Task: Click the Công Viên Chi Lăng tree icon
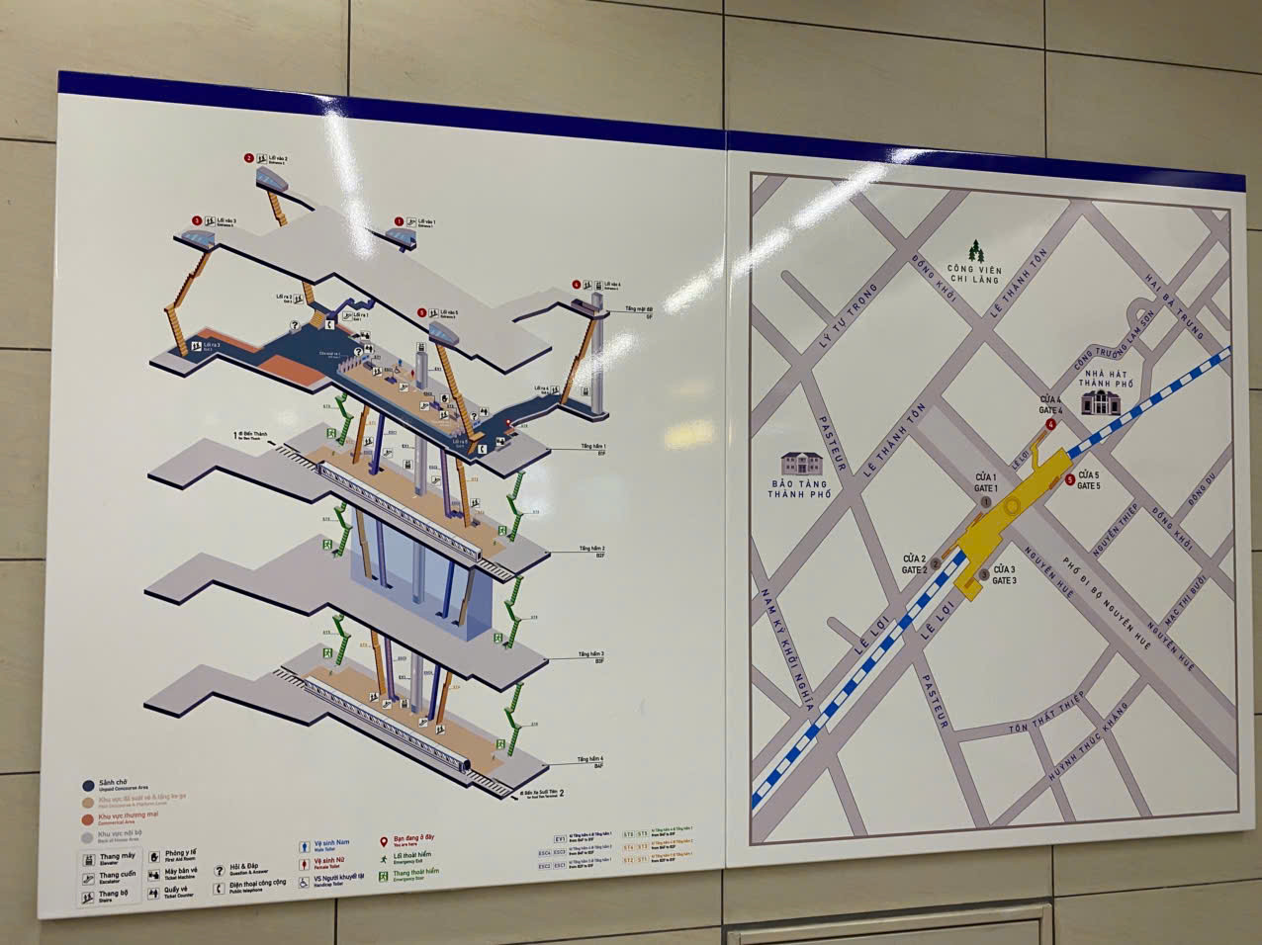point(977,249)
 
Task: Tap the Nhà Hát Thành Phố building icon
point(1097,401)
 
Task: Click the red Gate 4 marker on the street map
point(1051,424)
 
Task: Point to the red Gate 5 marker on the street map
point(1070,480)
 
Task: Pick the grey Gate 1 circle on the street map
point(984,502)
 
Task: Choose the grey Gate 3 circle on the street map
point(983,575)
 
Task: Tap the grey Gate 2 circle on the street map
point(936,563)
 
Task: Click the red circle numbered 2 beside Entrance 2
point(248,158)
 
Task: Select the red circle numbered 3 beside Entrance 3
point(197,220)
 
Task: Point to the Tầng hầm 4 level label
point(592,760)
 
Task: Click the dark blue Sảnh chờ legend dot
point(87,785)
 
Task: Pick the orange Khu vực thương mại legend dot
point(87,817)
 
